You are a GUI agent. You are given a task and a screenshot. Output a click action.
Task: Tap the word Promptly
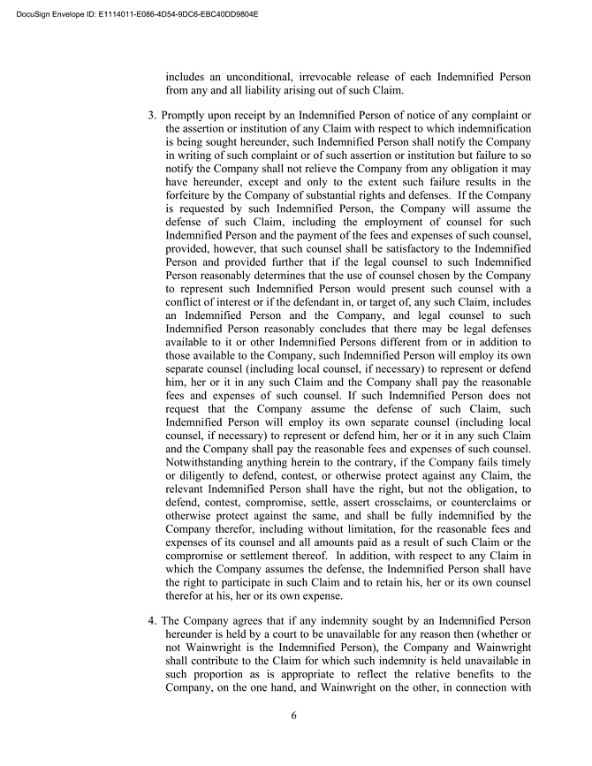[187, 116]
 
